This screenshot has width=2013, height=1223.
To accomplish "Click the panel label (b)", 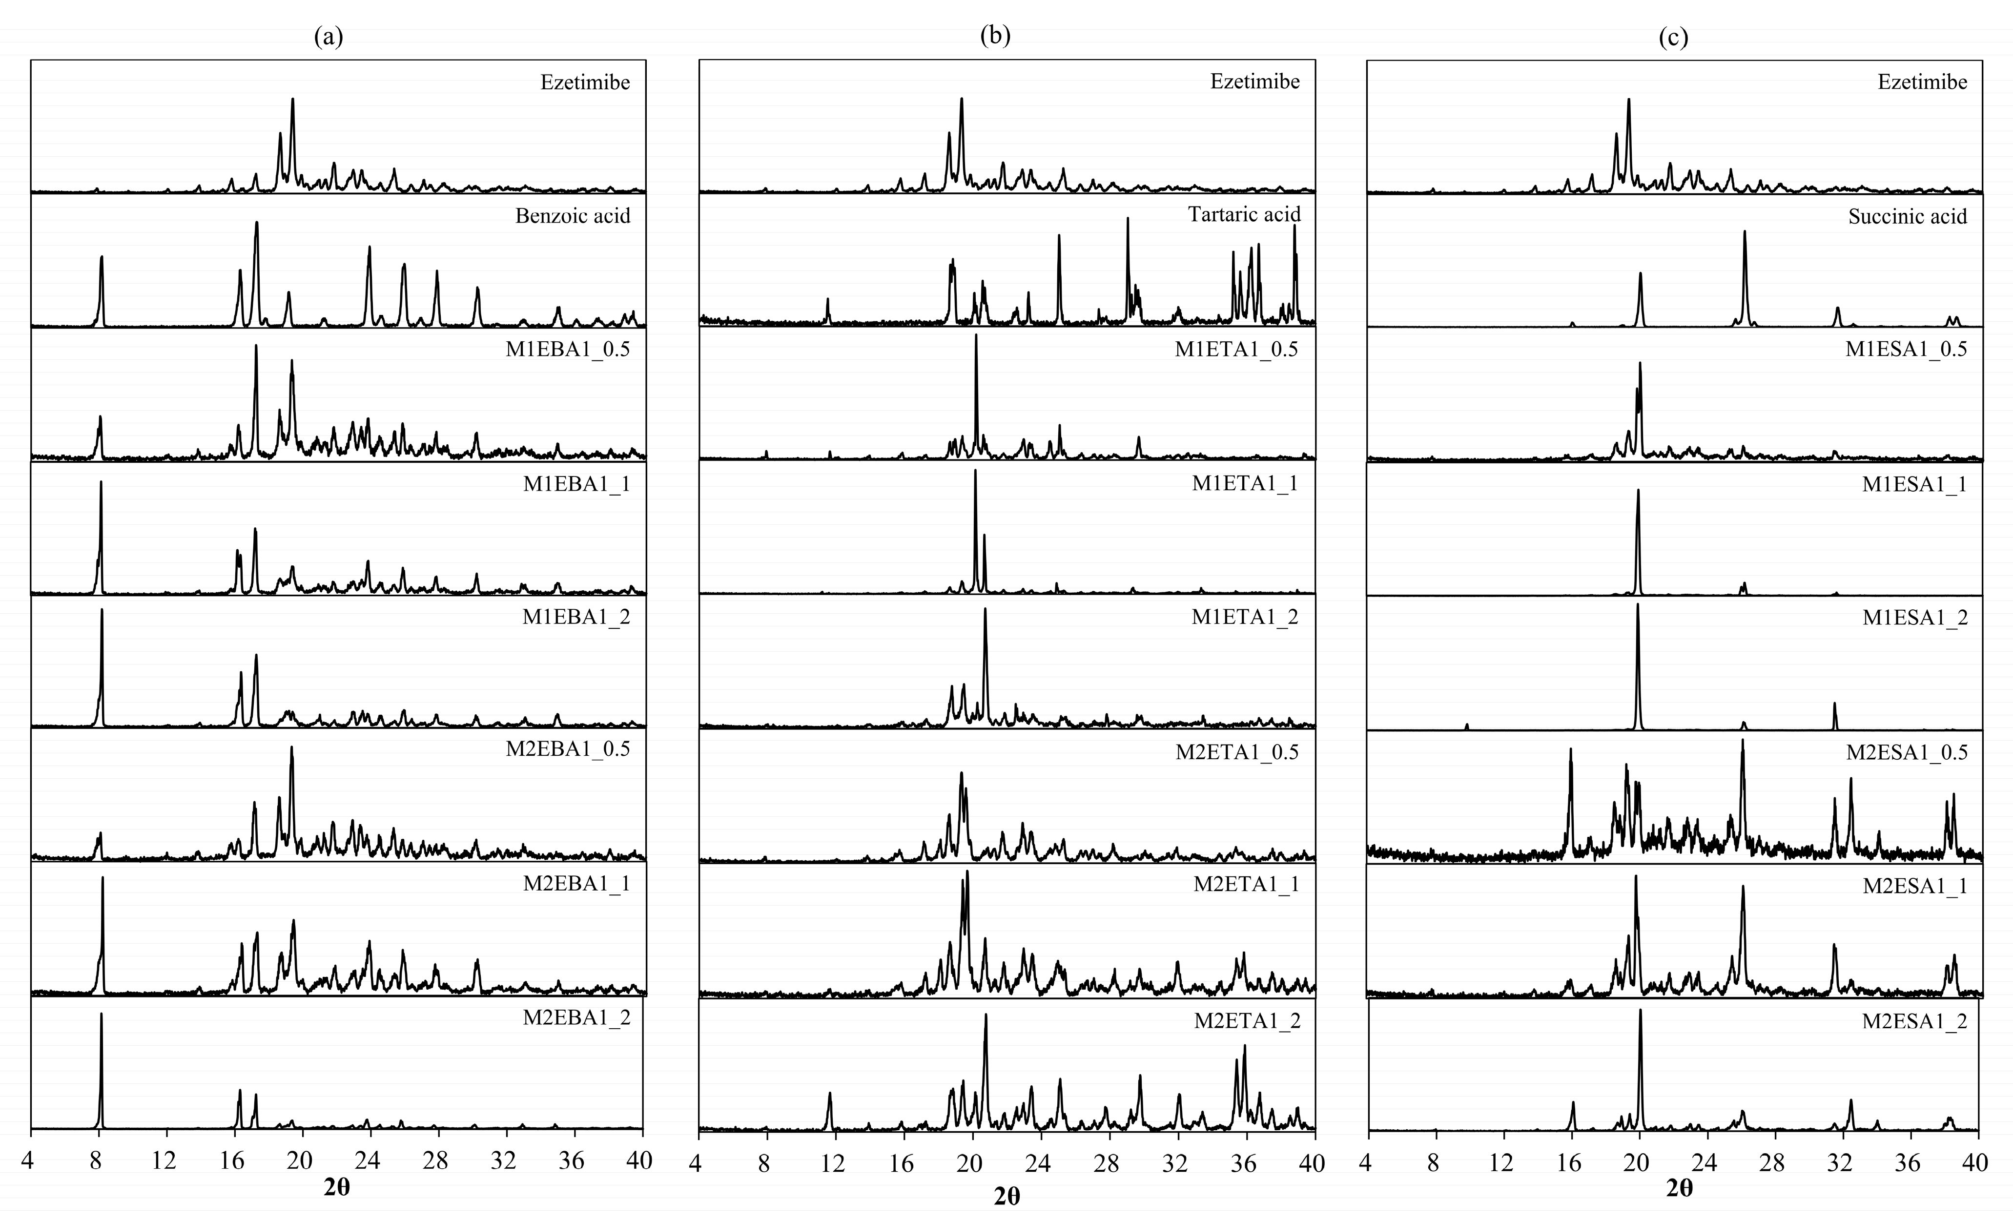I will (995, 36).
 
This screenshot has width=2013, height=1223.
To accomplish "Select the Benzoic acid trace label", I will (573, 216).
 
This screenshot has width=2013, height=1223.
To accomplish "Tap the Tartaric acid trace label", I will (1243, 214).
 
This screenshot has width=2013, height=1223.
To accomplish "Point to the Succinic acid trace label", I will (1908, 216).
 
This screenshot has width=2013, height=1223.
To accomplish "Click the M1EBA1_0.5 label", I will (568, 350).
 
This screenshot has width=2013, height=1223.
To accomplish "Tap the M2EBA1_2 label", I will (577, 1018).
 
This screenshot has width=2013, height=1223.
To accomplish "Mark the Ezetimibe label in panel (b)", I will (1255, 82).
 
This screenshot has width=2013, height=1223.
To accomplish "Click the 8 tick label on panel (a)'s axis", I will (96, 1160).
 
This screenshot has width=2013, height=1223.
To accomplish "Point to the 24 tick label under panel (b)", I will (1038, 1161).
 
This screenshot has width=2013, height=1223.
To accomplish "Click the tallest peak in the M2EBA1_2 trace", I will (102, 1015).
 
